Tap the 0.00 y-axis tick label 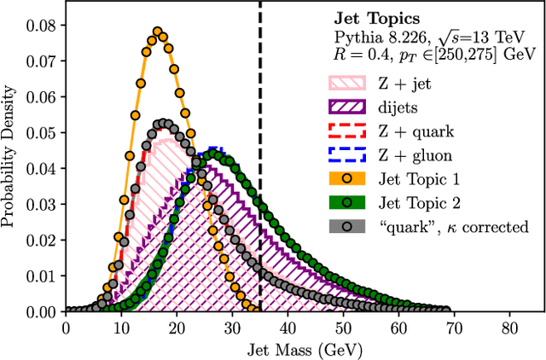42,312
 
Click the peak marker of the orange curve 157,32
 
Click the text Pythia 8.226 370,37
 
